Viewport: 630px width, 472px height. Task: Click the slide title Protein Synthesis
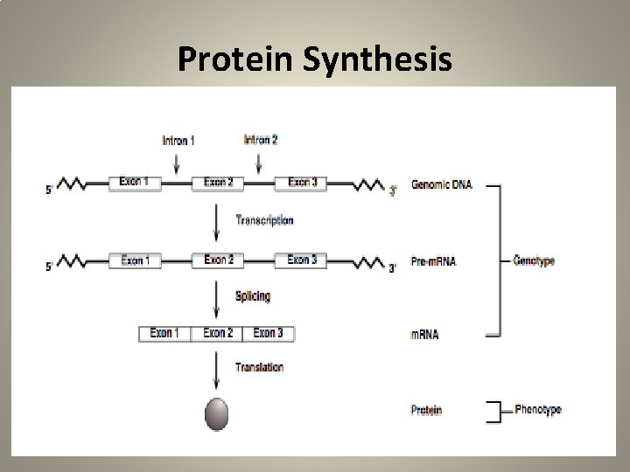pos(315,59)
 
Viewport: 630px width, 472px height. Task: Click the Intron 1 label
pos(178,140)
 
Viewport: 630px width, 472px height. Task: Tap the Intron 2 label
pos(260,140)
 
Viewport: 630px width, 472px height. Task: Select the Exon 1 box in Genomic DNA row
pos(136,183)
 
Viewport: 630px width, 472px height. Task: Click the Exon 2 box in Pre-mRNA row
pos(219,260)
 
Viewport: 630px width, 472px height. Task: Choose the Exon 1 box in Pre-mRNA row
pos(136,260)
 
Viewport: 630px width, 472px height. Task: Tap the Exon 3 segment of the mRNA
pos(268,333)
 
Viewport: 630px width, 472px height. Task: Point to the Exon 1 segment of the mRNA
pos(165,333)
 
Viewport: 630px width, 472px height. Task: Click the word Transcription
pos(264,220)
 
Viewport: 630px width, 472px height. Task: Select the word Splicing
pos(253,296)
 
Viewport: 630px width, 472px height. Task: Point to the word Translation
pos(259,367)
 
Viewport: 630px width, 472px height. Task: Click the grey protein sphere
pos(216,413)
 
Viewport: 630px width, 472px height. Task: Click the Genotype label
pos(534,260)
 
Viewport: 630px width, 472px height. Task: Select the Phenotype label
pos(538,408)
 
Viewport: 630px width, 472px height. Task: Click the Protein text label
pos(426,410)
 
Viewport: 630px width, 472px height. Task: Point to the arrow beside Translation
pos(216,371)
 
